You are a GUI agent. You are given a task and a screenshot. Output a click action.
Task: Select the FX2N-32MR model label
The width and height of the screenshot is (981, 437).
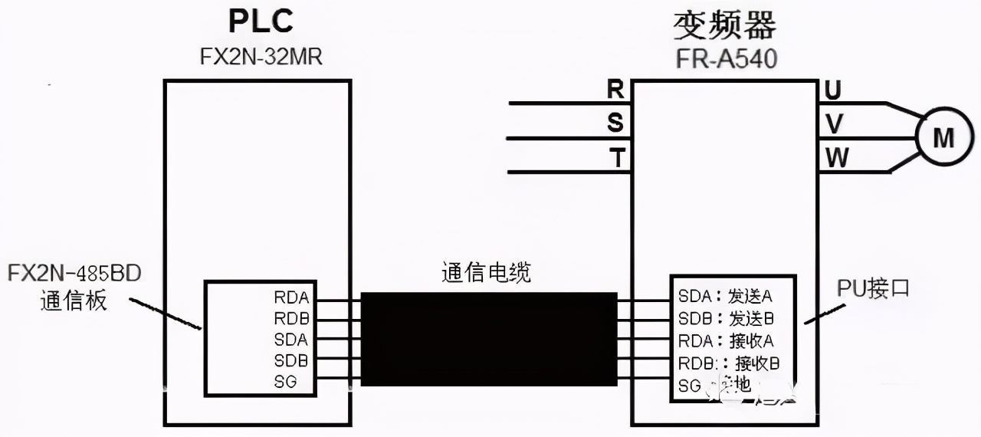click(261, 58)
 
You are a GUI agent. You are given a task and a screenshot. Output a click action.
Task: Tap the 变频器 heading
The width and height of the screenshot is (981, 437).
click(724, 25)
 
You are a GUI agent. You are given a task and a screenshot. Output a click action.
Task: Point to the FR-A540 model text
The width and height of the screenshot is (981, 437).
click(724, 58)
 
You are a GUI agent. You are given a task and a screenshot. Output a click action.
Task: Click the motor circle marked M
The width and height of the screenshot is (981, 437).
click(943, 139)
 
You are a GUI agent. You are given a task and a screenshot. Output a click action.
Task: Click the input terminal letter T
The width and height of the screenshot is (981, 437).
click(615, 158)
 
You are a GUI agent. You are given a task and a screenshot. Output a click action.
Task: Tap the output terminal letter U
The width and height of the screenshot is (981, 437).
click(833, 90)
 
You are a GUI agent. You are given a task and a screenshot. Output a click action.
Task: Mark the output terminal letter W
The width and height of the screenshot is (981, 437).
click(836, 158)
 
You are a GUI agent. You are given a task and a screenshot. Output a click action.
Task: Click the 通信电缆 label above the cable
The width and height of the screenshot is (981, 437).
click(486, 273)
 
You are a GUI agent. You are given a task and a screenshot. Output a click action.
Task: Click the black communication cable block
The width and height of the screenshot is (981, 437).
click(489, 338)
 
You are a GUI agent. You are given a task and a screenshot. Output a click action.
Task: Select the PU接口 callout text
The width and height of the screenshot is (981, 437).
click(873, 289)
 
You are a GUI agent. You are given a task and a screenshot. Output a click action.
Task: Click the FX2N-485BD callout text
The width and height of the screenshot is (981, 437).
click(74, 274)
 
